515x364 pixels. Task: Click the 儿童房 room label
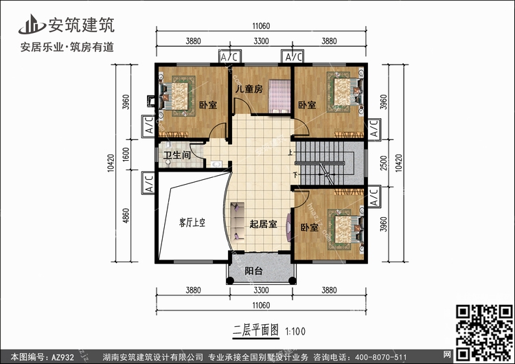click(x=250, y=89)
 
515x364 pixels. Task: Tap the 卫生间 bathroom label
click(x=177, y=155)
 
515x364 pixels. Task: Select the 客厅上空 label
click(x=192, y=223)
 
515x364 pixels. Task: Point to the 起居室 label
click(x=263, y=225)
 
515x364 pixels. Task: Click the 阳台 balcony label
click(x=253, y=271)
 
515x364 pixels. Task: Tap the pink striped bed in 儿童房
click(x=279, y=95)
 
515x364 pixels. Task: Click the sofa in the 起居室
click(x=237, y=221)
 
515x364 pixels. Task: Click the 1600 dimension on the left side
click(x=126, y=154)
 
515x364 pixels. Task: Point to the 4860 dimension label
click(x=126, y=216)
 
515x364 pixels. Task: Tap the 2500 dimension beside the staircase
click(x=383, y=163)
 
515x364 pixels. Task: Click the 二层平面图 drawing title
click(x=256, y=330)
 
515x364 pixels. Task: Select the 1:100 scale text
click(x=295, y=332)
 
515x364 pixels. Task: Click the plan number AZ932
click(x=62, y=357)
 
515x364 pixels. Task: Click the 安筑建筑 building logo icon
click(x=32, y=24)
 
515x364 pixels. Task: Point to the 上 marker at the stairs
click(x=290, y=152)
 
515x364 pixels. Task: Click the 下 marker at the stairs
click(x=295, y=175)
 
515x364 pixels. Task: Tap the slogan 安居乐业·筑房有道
click(x=67, y=47)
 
